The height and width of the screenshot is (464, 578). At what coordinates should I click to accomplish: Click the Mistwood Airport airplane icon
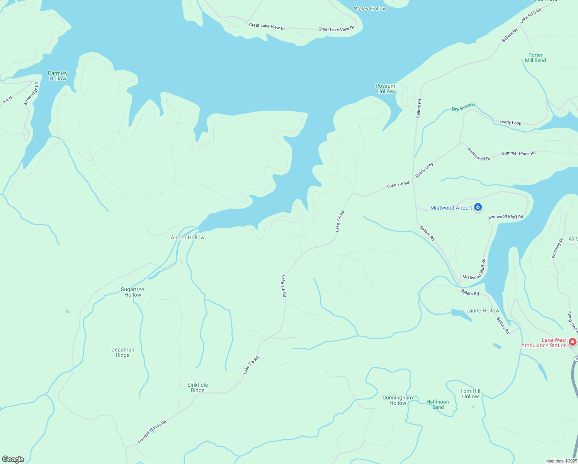click(478, 208)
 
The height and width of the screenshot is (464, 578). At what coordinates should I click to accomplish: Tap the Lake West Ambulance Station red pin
click(573, 342)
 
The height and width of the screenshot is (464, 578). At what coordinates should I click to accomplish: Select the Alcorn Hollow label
click(187, 237)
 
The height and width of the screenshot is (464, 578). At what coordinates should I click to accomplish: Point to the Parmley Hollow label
click(58, 76)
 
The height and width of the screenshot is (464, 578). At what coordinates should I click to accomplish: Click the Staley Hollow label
click(370, 9)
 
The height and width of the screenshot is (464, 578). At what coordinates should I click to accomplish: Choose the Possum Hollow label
click(385, 89)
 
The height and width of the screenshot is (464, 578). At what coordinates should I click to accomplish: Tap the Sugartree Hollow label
click(133, 292)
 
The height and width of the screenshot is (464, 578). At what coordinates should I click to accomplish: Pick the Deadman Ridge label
click(123, 352)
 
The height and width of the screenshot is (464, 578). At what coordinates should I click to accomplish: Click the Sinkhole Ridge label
click(197, 387)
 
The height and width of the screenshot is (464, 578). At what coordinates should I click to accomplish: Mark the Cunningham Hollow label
click(398, 400)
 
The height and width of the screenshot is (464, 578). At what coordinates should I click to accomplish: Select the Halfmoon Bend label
click(438, 404)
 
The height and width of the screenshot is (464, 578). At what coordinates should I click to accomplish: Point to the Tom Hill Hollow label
click(470, 394)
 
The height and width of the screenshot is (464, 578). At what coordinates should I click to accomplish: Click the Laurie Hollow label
click(483, 310)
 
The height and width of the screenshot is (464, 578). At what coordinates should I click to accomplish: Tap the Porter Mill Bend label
click(535, 58)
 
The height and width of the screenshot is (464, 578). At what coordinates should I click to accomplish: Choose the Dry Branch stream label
click(463, 107)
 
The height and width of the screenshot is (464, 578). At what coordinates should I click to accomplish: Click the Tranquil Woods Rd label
click(152, 432)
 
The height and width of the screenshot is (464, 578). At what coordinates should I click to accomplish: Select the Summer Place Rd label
click(518, 154)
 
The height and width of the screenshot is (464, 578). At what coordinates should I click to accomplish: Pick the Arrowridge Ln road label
click(31, 94)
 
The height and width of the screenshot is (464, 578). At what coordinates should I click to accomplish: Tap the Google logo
click(13, 459)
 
